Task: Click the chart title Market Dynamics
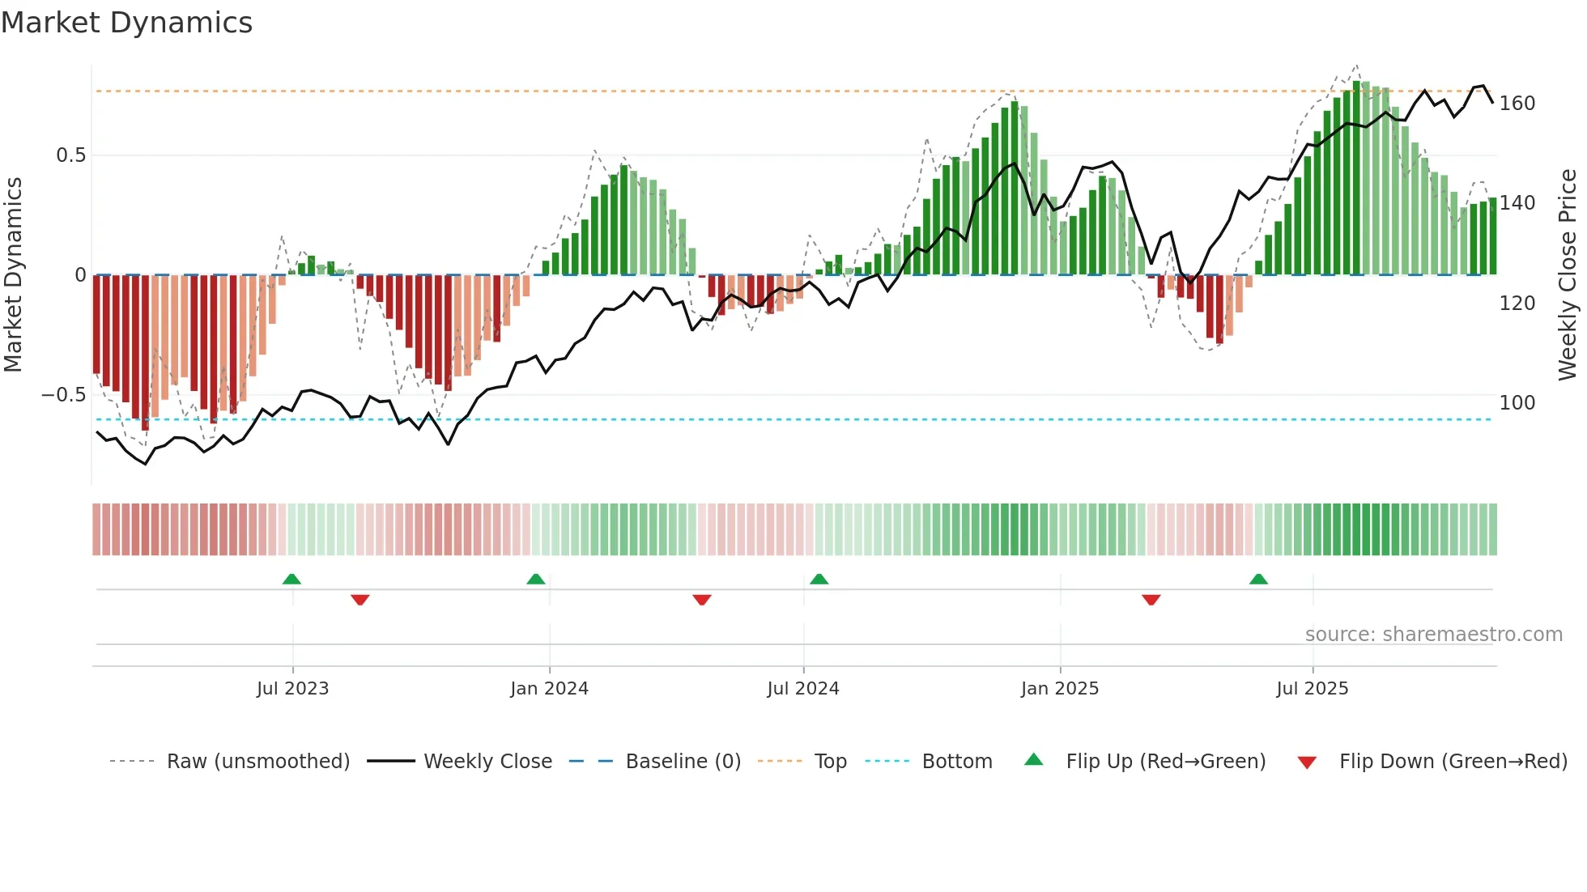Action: point(127,23)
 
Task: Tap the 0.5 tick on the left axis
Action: point(70,155)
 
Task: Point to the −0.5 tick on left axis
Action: point(63,395)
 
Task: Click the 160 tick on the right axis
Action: point(1517,104)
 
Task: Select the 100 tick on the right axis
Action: point(1517,402)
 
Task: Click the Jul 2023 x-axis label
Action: point(292,689)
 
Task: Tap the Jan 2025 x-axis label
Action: point(1059,689)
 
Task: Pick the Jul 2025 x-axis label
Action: point(1312,689)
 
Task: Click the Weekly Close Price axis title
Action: point(1568,275)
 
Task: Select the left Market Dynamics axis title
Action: point(13,275)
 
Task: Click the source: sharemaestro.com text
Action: point(1433,635)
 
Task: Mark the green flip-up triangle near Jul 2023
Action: point(291,579)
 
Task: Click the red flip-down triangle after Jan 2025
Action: point(1151,600)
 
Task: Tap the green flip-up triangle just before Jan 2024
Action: point(535,579)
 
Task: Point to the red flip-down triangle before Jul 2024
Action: point(702,600)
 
